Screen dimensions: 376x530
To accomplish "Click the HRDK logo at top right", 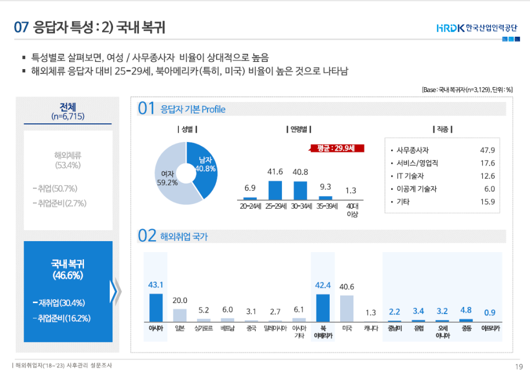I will pos(478,27).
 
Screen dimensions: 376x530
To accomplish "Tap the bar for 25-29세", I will pos(275,190).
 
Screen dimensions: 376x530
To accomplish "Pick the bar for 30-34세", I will pos(300,190).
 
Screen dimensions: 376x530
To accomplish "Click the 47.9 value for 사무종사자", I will pos(487,150).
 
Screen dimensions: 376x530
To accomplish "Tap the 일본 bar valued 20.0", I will pos(180,315).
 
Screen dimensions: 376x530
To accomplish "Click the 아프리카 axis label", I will pos(490,329).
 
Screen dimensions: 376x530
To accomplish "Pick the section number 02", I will pos(148,236).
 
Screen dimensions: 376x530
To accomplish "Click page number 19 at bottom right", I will pos(518,367).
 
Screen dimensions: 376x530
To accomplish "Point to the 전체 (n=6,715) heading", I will pos(67,111).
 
